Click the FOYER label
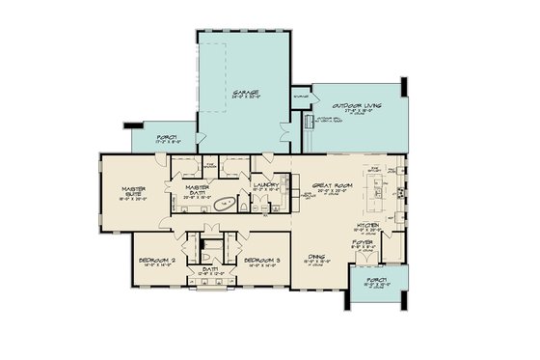[x=385, y=243]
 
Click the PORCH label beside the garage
[x=167, y=136]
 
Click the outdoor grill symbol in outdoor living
[x=310, y=123]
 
